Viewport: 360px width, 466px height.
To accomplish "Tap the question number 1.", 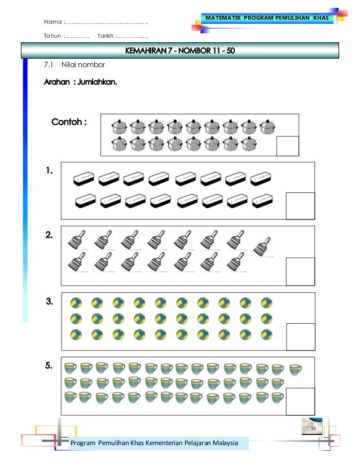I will (49, 170).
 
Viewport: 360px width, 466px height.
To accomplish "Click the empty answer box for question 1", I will (300, 205).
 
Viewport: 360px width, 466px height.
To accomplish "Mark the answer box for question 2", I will (300, 271).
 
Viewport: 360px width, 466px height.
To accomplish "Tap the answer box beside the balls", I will (300, 337).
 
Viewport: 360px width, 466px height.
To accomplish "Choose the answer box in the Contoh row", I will (287, 146).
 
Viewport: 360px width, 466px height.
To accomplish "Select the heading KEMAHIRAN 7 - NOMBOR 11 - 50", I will (180, 52).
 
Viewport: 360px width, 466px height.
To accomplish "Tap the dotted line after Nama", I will (107, 23).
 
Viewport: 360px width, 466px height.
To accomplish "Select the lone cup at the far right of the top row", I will (295, 370).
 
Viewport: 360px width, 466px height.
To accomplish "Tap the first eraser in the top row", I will (84, 179).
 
